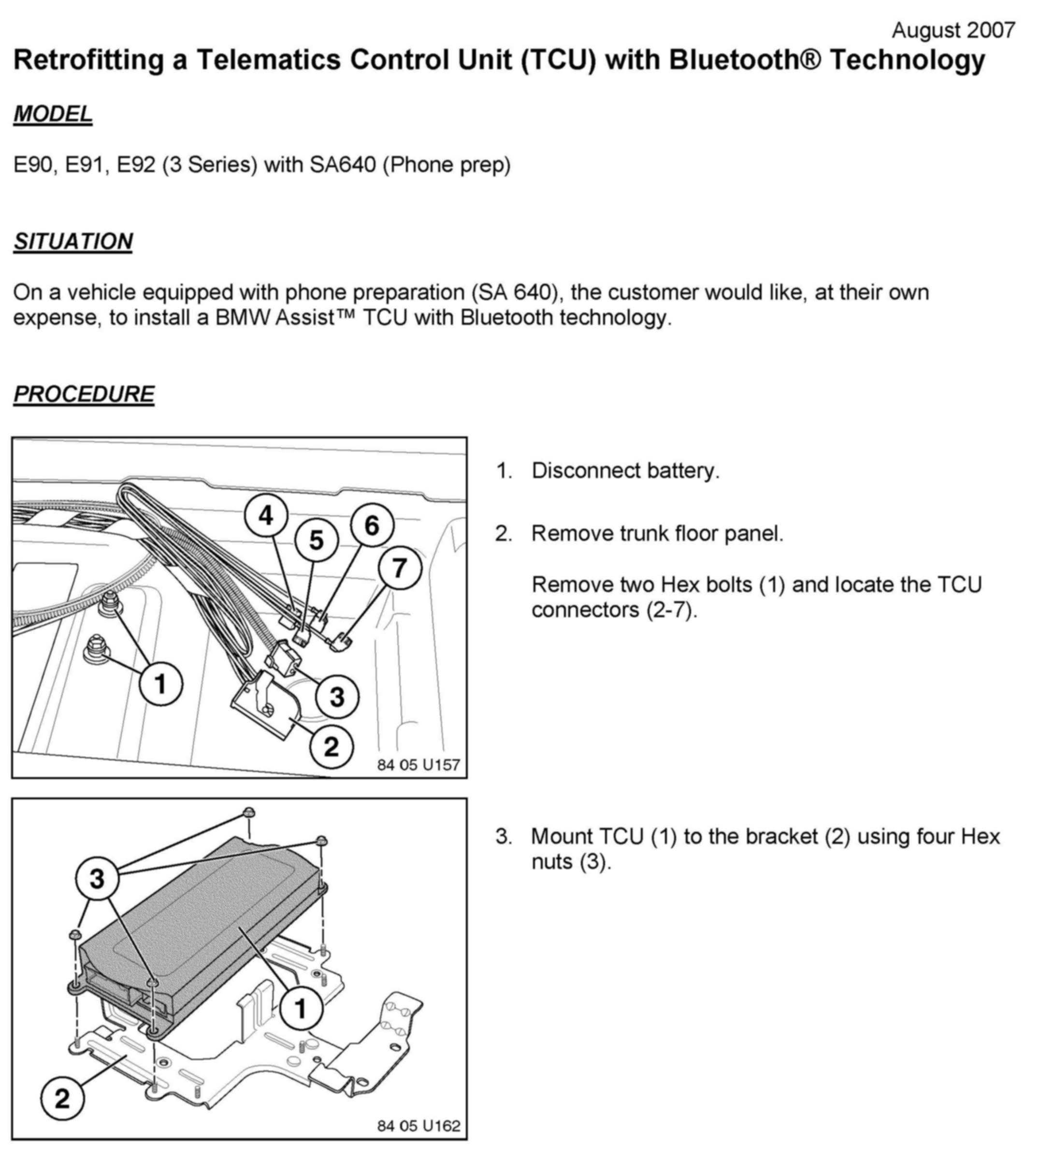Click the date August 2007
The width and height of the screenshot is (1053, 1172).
[953, 30]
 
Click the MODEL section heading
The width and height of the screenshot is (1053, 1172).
[53, 114]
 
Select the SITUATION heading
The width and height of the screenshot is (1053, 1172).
[73, 241]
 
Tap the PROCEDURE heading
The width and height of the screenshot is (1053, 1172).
[84, 394]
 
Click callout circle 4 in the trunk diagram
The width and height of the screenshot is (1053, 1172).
[266, 515]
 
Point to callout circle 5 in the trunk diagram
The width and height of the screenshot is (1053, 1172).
[316, 540]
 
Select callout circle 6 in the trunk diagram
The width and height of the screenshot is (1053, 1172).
[372, 525]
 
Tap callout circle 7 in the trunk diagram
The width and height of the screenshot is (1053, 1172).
[400, 568]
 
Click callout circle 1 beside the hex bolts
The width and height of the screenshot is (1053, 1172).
[161, 684]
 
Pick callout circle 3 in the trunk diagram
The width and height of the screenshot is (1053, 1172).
[337, 696]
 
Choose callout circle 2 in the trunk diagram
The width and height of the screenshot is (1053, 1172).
[331, 747]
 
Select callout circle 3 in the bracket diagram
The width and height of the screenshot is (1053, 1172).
[97, 879]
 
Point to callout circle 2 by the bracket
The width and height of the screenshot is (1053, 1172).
[62, 1098]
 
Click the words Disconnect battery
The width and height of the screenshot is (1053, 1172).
[625, 471]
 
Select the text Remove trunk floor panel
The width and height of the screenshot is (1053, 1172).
[657, 534]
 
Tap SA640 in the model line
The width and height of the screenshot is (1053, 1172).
[343, 165]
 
